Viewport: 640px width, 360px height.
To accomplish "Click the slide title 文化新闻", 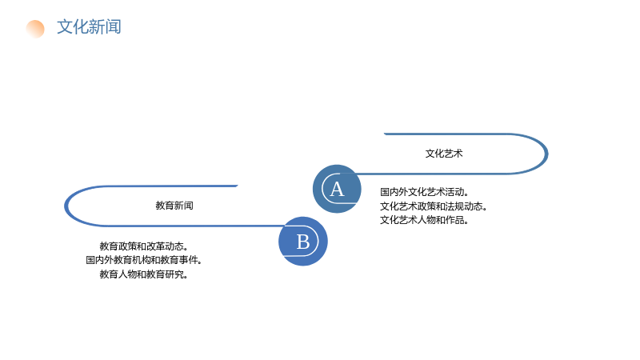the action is click(x=89, y=27).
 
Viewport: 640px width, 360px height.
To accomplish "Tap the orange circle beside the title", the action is click(x=35, y=29).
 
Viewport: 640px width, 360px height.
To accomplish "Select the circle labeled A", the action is click(x=337, y=189).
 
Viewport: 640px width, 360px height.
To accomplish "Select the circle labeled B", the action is click(x=303, y=242).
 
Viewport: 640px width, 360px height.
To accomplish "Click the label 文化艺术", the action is click(x=444, y=154).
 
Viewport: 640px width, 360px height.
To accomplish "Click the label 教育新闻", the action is click(x=174, y=206).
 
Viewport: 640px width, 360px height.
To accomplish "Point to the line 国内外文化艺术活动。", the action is click(x=425, y=192).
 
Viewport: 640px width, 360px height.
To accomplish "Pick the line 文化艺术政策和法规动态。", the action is click(x=434, y=206).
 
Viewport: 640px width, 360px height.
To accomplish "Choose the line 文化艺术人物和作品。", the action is click(x=425, y=220).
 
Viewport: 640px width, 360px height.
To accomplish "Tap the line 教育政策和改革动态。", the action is click(x=144, y=246).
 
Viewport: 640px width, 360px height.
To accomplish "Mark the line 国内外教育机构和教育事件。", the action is click(x=144, y=260).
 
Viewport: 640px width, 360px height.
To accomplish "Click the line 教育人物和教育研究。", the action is click(x=144, y=274).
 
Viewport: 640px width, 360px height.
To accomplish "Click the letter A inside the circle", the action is click(x=337, y=190).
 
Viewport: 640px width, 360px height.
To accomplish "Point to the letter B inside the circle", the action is click(x=303, y=242).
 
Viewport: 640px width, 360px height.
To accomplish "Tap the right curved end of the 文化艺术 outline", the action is click(x=546, y=154).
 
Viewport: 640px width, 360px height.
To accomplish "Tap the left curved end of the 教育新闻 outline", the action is click(x=66, y=206).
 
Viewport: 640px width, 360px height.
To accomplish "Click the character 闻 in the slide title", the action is click(x=114, y=27).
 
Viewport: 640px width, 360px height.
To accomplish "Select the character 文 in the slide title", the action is click(x=65, y=27).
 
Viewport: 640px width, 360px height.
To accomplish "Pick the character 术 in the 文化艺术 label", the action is click(x=458, y=154).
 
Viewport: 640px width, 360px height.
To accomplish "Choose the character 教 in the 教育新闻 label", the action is click(x=160, y=206).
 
